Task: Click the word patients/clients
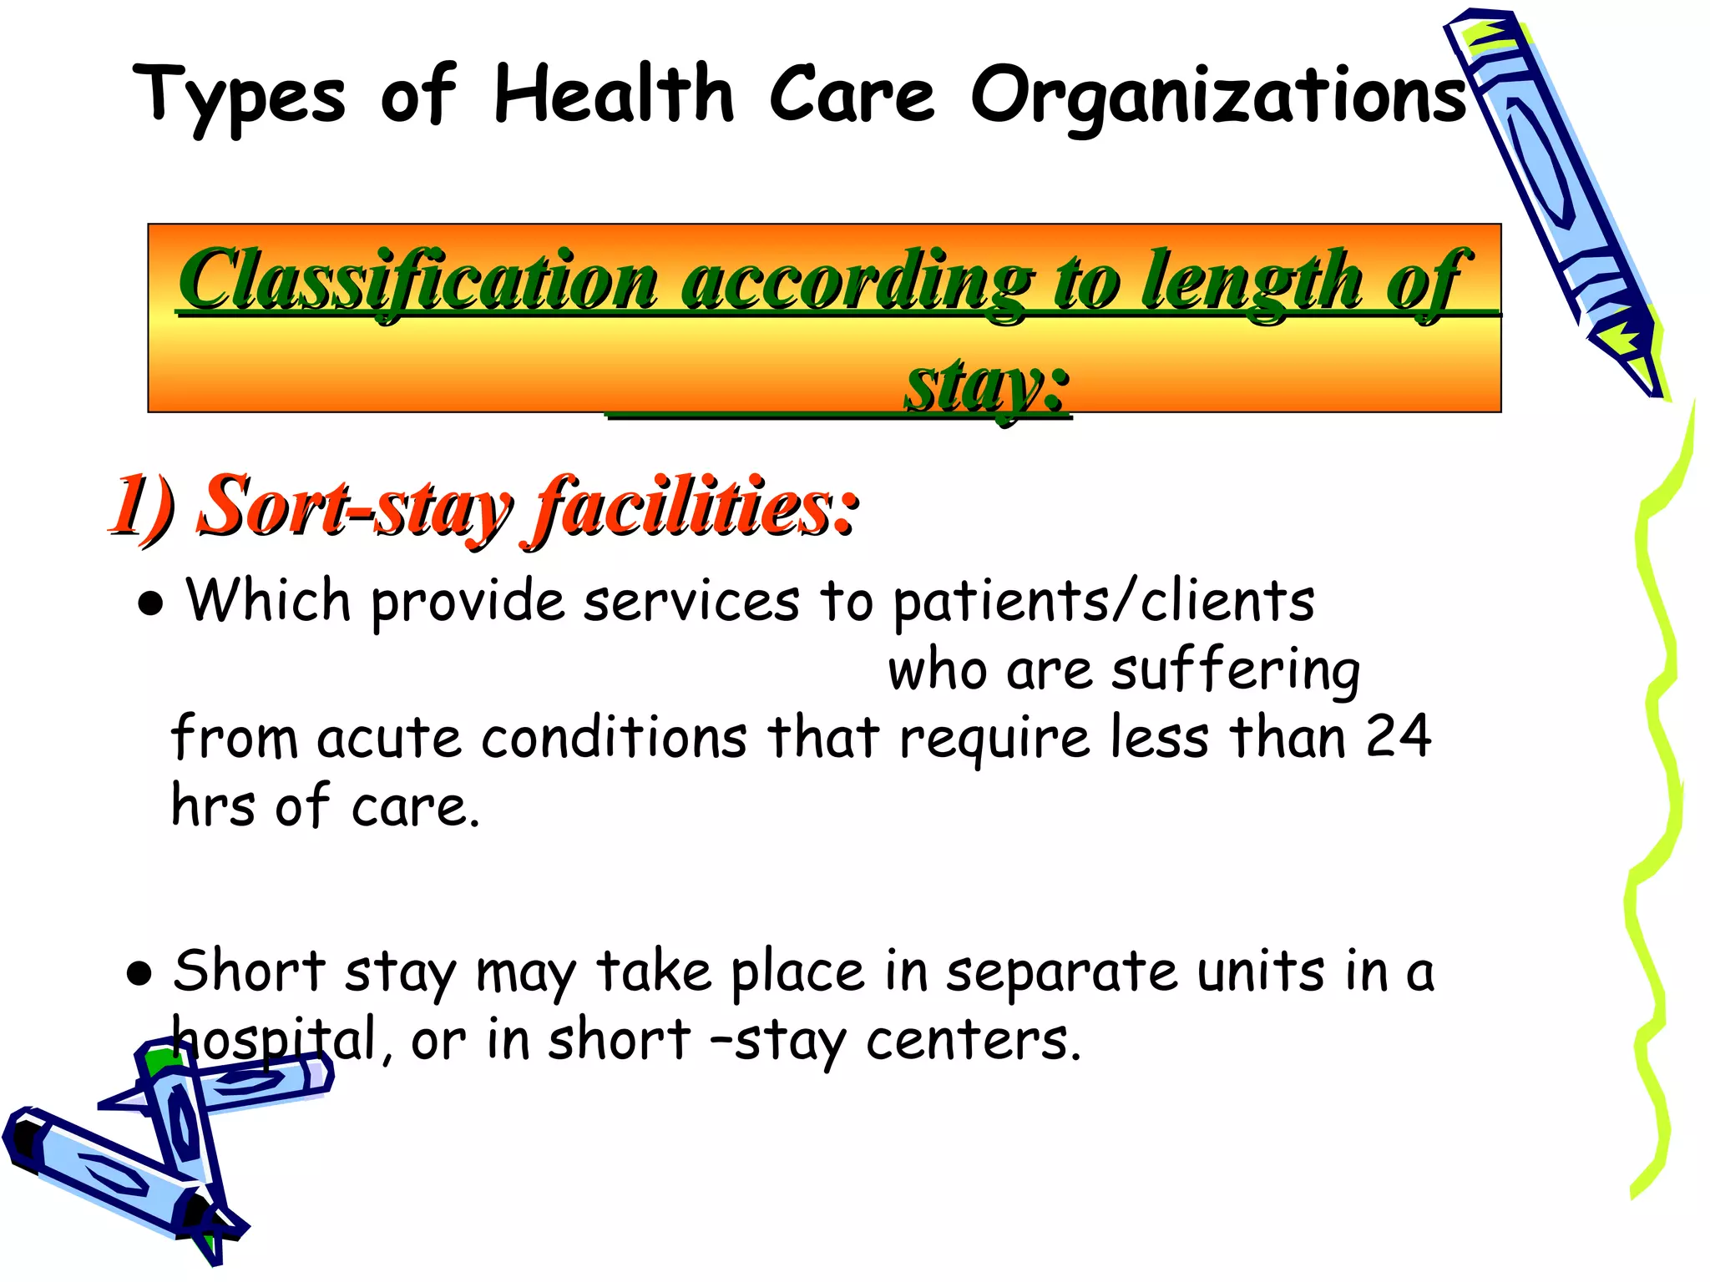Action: tap(1103, 601)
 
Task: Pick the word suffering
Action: tap(1235, 671)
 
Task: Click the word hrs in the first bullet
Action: tap(212, 806)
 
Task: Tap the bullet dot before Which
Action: tap(151, 603)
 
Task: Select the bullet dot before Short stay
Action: tap(139, 972)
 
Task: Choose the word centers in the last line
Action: tap(973, 1042)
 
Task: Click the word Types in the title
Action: tap(239, 96)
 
